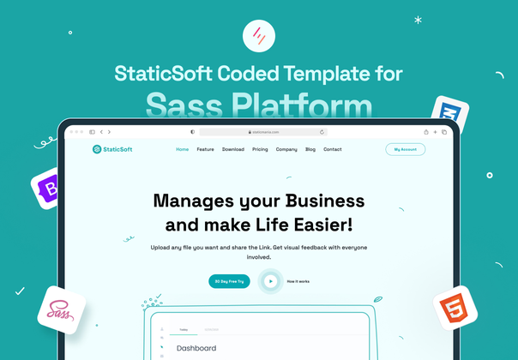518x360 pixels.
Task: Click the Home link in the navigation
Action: (182, 149)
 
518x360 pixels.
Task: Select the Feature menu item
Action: (205, 149)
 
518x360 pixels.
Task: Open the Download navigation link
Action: (232, 149)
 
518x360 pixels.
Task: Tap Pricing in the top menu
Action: (260, 149)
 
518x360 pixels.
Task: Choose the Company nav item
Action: (286, 149)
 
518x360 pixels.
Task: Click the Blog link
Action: (310, 149)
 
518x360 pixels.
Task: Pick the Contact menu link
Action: (333, 149)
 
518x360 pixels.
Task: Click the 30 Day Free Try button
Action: (230, 281)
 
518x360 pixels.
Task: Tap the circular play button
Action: (270, 281)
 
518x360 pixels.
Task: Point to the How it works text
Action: (298, 281)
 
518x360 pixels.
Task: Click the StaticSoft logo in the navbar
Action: (112, 149)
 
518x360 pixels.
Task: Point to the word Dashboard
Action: (196, 348)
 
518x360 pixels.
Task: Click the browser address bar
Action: (262, 132)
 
